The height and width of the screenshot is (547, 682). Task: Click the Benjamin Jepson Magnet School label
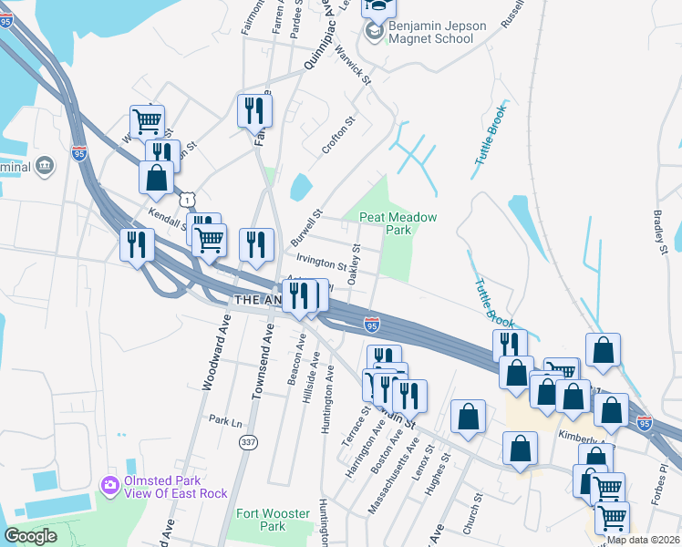pyautogui.click(x=438, y=33)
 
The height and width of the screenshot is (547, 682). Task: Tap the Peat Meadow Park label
pyautogui.click(x=398, y=223)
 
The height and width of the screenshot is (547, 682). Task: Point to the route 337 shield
pyautogui.click(x=247, y=442)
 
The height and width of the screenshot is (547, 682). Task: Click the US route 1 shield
pyautogui.click(x=187, y=198)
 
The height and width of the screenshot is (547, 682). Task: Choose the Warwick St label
pyautogui.click(x=354, y=66)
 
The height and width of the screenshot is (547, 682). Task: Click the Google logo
pyautogui.click(x=30, y=536)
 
